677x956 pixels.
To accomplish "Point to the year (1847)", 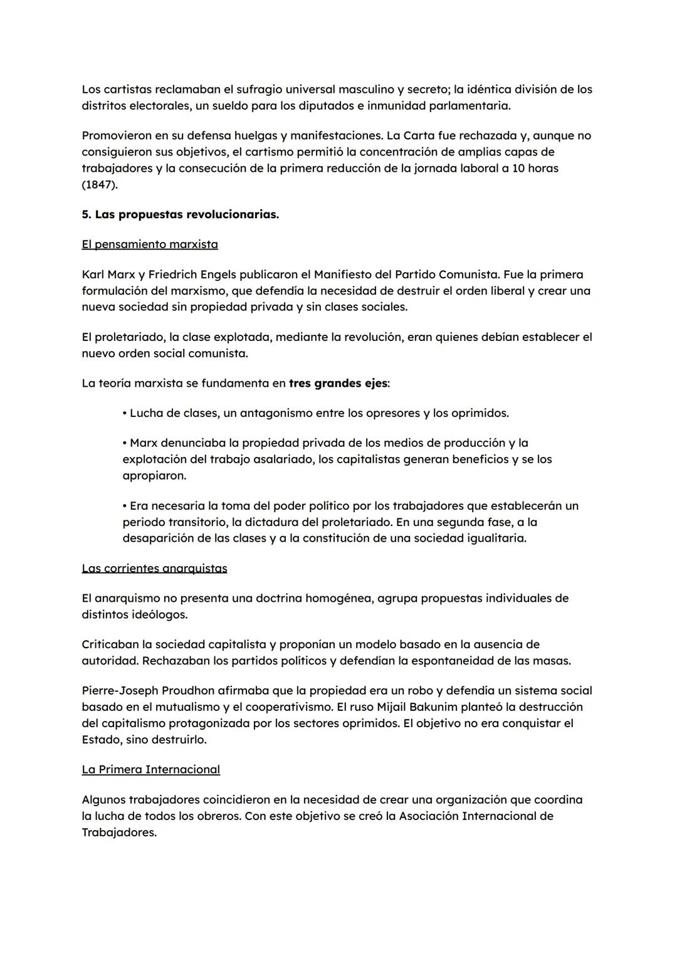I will (x=100, y=184).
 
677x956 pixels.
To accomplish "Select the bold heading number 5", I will (x=87, y=214).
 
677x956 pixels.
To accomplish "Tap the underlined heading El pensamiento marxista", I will (x=150, y=244).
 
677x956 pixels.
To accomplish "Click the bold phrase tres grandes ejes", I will (x=338, y=383).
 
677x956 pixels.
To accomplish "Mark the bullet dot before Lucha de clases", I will (x=125, y=414).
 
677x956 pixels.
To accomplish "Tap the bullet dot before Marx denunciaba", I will (x=125, y=443).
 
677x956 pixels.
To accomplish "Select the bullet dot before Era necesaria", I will (x=125, y=506).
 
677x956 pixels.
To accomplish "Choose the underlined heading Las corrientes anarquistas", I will (x=154, y=569).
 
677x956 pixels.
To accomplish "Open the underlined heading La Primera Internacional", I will (x=150, y=770).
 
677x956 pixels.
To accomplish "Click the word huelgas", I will (x=260, y=136).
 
